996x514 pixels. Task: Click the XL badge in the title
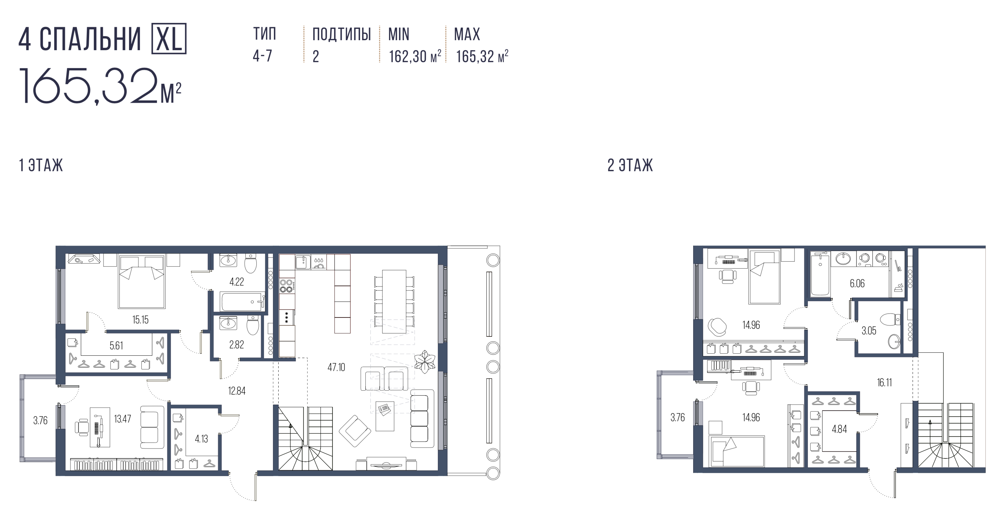coord(168,38)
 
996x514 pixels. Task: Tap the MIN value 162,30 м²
coord(415,57)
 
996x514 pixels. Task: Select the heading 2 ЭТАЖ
coord(630,165)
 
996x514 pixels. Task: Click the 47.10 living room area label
coord(336,367)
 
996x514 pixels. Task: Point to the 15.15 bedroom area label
coord(140,320)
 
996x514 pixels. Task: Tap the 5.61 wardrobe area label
coord(116,345)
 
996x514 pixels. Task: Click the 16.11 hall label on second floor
coord(884,382)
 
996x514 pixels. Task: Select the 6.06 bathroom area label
coord(857,284)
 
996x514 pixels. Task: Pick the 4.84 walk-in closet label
coord(839,429)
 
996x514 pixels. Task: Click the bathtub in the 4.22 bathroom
coord(243,302)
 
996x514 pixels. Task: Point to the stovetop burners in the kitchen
coord(287,286)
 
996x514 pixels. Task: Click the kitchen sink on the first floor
coord(303,262)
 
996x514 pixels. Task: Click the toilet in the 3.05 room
coord(889,320)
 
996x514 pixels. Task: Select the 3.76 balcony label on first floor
coord(40,420)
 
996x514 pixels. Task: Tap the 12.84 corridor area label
coord(237,391)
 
